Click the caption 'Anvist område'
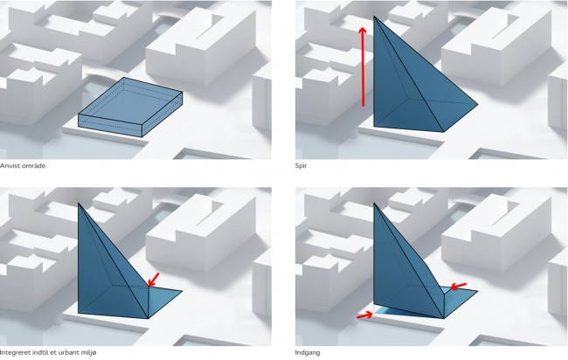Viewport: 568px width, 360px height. pyautogui.click(x=23, y=166)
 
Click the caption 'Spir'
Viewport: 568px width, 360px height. pyautogui.click(x=301, y=166)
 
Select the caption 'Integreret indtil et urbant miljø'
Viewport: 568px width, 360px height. pyautogui.click(x=48, y=352)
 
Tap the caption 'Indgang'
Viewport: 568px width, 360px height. pyautogui.click(x=308, y=353)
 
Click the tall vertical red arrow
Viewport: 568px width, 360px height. pyautogui.click(x=363, y=66)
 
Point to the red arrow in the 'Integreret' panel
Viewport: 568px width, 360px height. pyautogui.click(x=154, y=280)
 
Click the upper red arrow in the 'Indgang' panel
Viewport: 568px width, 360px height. pyautogui.click(x=458, y=286)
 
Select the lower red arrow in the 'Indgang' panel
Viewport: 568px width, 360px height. pyautogui.click(x=364, y=315)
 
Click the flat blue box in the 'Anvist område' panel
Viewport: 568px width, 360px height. pyautogui.click(x=130, y=107)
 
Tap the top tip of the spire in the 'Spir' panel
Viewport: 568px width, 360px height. pyautogui.click(x=374, y=17)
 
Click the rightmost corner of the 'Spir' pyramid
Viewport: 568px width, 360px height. pyautogui.click(x=478, y=104)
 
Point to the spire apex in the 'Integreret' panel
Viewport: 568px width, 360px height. pyautogui.click(x=79, y=204)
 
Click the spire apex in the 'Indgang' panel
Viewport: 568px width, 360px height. pyautogui.click(x=374, y=204)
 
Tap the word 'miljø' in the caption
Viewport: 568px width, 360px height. pyautogui.click(x=89, y=352)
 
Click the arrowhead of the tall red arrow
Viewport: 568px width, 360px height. pyautogui.click(x=363, y=30)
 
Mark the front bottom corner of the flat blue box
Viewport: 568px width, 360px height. pyautogui.click(x=142, y=137)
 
